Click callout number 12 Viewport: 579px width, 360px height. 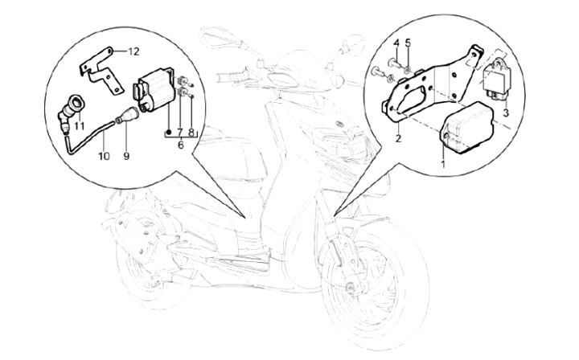point(133,52)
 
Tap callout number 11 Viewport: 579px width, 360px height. point(79,126)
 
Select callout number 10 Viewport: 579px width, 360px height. point(104,157)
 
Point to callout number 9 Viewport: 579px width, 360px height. point(126,157)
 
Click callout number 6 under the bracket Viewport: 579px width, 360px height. point(181,145)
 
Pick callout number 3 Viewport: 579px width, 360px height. point(507,112)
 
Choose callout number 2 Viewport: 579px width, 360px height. point(398,139)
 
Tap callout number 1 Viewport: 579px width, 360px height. point(443,162)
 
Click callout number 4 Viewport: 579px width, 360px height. point(396,43)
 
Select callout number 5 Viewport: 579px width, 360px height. point(408,43)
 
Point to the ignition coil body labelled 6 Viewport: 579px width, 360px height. point(154,90)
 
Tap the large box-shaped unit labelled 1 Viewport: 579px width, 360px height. point(466,126)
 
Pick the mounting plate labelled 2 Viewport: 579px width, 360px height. point(430,84)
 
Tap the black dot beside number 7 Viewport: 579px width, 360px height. point(169,132)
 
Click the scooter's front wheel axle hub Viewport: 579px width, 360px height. point(350,288)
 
